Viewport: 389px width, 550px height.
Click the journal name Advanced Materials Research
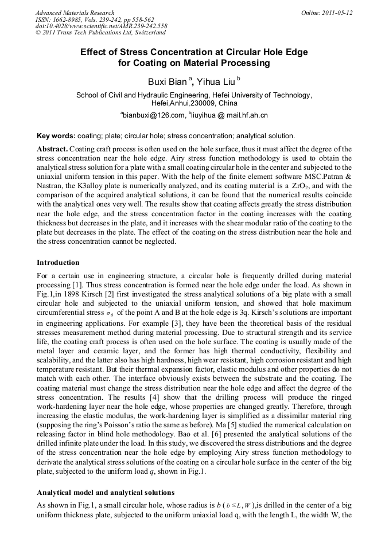[75, 13]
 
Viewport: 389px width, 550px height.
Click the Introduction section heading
[58, 262]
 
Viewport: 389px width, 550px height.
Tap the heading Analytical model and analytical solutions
[106, 493]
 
